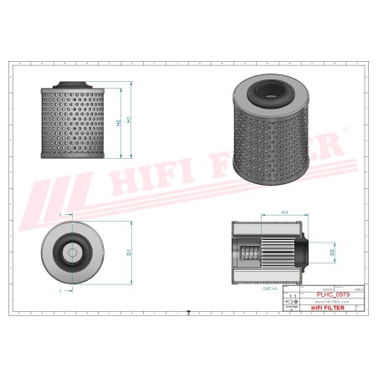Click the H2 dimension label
click(x=118, y=124)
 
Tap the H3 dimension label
click(x=285, y=213)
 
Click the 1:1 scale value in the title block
click(x=291, y=297)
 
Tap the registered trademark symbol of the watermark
click(x=342, y=136)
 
